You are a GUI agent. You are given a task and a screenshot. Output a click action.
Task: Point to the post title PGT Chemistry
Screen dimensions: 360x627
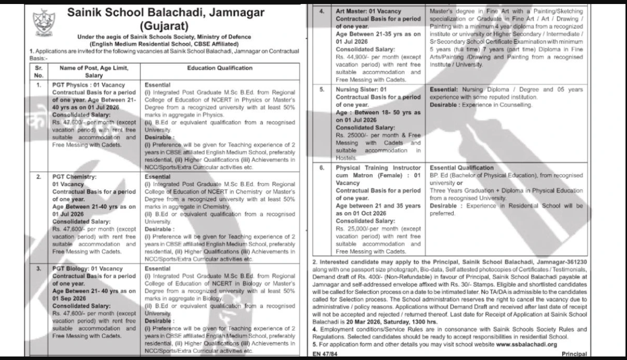(x=74, y=177)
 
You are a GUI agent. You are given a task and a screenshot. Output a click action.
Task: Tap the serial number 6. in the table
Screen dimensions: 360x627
(x=321, y=167)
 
